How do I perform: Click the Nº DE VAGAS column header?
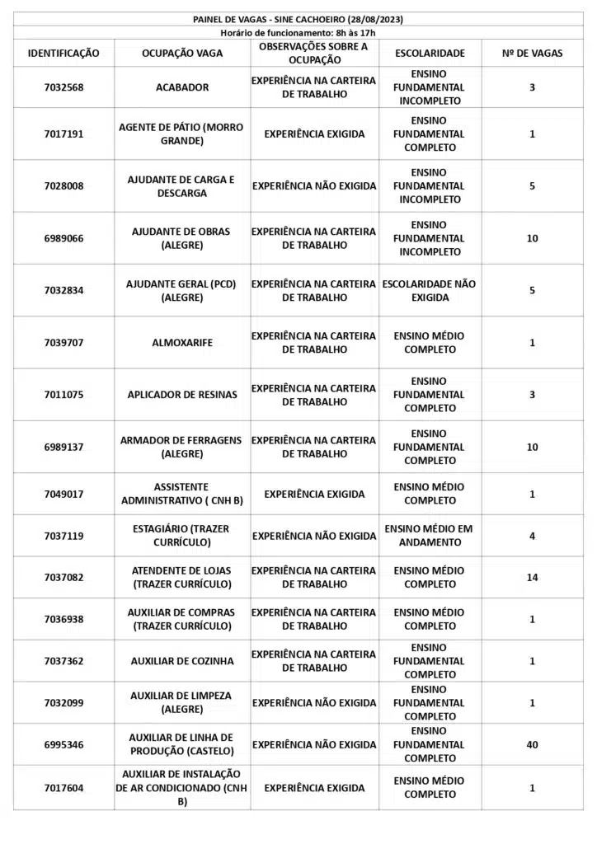pos(532,53)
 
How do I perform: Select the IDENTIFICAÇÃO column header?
pos(63,53)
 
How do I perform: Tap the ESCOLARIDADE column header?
pos(430,53)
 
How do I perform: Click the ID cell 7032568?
pos(63,87)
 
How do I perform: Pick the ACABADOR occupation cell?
pos(182,87)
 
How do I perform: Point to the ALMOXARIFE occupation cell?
pos(182,342)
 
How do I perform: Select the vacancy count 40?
pos(532,744)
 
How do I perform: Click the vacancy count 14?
pos(532,578)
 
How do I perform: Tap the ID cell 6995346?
pos(63,744)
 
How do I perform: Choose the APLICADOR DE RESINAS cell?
pos(182,394)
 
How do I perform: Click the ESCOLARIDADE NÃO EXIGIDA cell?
pos(430,290)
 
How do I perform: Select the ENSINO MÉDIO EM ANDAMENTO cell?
pos(430,536)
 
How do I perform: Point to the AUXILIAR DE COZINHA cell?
pos(182,661)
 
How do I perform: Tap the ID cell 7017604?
pos(63,788)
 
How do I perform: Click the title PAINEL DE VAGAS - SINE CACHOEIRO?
pos(298,19)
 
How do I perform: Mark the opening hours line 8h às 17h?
pos(298,32)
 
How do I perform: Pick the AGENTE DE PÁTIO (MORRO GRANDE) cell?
pos(181,134)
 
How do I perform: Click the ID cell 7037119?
pos(63,536)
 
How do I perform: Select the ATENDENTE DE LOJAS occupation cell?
pos(182,577)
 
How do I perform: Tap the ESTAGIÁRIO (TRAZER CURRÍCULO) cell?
pos(182,535)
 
